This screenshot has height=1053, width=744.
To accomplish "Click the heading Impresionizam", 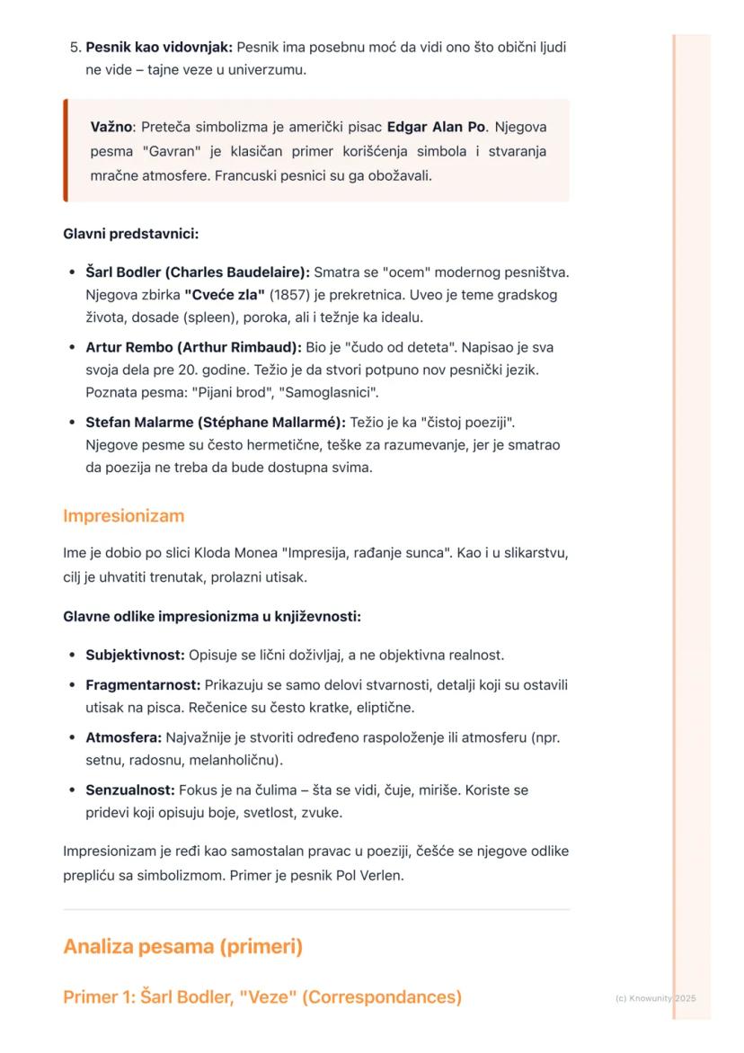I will click(x=123, y=516).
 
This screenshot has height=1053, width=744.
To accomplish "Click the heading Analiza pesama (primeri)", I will click(x=182, y=947).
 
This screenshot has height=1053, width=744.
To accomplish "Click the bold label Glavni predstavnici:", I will click(x=130, y=234).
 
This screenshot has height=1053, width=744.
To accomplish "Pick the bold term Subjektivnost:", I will click(x=135, y=655).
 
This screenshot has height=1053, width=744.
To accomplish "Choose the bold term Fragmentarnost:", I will click(x=143, y=685).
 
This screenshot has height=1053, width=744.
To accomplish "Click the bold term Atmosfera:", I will click(x=123, y=737).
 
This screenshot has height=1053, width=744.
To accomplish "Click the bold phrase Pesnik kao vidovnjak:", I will click(x=158, y=47).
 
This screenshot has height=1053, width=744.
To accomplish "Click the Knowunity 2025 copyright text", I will click(x=655, y=998).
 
